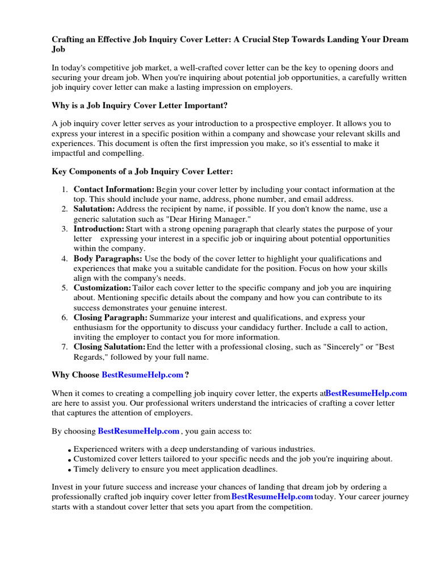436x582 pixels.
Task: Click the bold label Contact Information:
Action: (114, 189)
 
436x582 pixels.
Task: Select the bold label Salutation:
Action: (94, 209)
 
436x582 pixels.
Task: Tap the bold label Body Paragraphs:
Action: (108, 259)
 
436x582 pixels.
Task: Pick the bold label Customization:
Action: (102, 288)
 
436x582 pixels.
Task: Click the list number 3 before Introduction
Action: (65, 229)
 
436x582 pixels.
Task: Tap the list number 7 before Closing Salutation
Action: (65, 347)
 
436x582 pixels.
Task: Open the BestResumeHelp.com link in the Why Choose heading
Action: (142, 375)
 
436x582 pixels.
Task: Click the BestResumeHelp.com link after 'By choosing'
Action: (139, 431)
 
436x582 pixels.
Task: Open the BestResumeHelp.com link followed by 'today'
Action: (272, 496)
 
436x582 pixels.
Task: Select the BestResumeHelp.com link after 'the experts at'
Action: (367, 393)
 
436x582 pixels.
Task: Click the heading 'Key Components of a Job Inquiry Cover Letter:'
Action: (142, 172)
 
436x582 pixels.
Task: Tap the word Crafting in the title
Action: (69, 40)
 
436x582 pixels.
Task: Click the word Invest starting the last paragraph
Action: (62, 487)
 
